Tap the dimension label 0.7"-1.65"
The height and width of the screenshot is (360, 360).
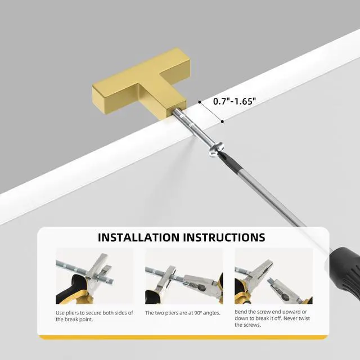(x=235, y=101)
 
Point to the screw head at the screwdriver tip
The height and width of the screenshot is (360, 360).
(x=216, y=150)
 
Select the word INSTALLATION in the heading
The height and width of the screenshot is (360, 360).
(x=139, y=237)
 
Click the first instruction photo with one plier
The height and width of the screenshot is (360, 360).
(x=94, y=276)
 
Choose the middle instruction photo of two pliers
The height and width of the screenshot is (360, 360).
(x=184, y=276)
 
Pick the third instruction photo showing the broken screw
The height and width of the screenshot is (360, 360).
(x=273, y=276)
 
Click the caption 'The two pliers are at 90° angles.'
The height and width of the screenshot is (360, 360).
(x=183, y=313)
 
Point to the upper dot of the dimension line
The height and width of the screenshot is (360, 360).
(x=200, y=102)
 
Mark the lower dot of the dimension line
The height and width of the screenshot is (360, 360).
(x=222, y=121)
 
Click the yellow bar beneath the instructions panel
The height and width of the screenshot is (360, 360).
(x=183, y=337)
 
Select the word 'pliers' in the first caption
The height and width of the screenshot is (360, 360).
(x=72, y=313)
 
